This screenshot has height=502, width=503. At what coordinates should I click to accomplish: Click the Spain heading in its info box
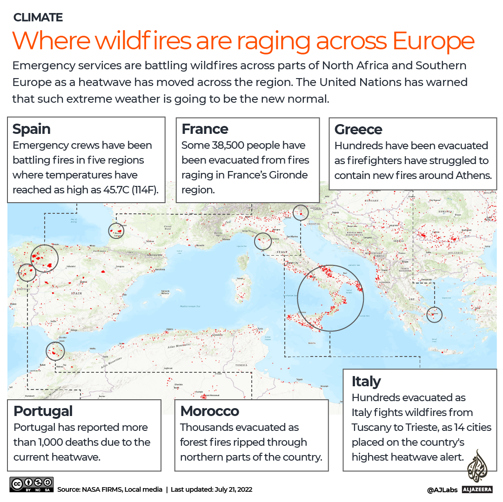(31, 129)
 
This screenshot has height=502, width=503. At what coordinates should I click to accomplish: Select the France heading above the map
(205, 129)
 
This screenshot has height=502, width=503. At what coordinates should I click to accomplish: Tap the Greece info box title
(358, 129)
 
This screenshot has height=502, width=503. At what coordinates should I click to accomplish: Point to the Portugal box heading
(43, 411)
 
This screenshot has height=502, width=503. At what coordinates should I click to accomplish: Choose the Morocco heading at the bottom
(209, 411)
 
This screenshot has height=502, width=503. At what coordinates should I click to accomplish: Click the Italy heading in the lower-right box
(366, 381)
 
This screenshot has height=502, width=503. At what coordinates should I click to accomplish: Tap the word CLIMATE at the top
(38, 18)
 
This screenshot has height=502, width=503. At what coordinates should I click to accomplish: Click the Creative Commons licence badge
(31, 484)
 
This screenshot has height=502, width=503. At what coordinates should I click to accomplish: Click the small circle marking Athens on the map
(435, 314)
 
